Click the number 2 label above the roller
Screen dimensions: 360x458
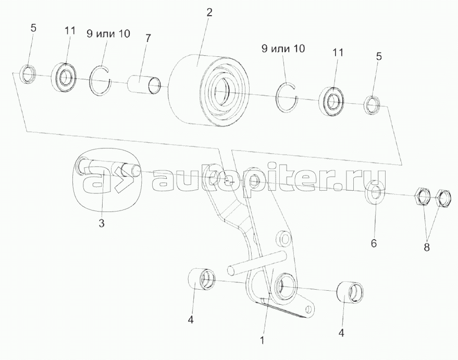(209, 13)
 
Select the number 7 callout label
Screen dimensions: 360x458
(148, 38)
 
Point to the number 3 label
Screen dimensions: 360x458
(102, 224)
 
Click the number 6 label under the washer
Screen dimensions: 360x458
(374, 243)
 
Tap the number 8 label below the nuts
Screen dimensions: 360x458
(426, 247)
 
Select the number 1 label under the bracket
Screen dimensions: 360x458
(262, 341)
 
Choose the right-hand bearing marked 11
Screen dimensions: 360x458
(331, 101)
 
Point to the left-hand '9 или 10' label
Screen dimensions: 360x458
(108, 34)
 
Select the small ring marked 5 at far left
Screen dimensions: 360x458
(28, 75)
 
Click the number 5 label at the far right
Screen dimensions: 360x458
(379, 57)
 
